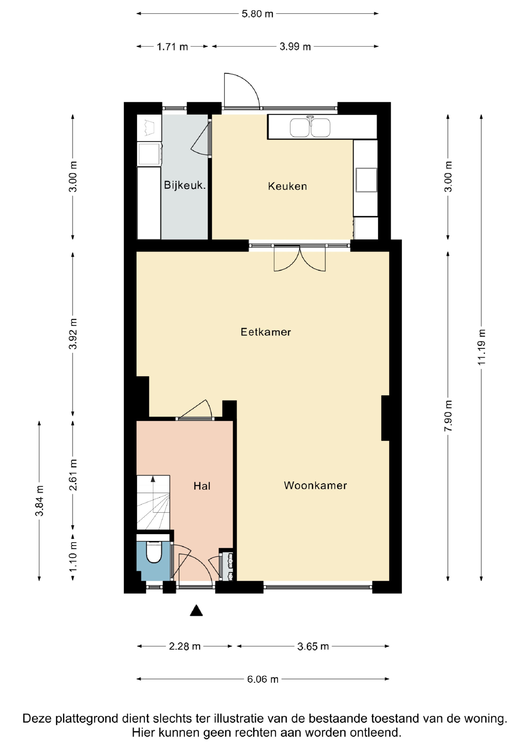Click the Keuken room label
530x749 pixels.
[287, 186]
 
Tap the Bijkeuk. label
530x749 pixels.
[185, 185]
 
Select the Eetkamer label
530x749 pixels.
[266, 332]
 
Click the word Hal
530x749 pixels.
[202, 486]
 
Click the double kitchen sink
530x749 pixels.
[310, 127]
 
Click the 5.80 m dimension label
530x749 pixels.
[257, 14]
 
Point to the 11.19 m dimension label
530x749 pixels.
[482, 347]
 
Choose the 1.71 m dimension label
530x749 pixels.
[173, 47]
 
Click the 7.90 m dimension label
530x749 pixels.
[448, 416]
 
